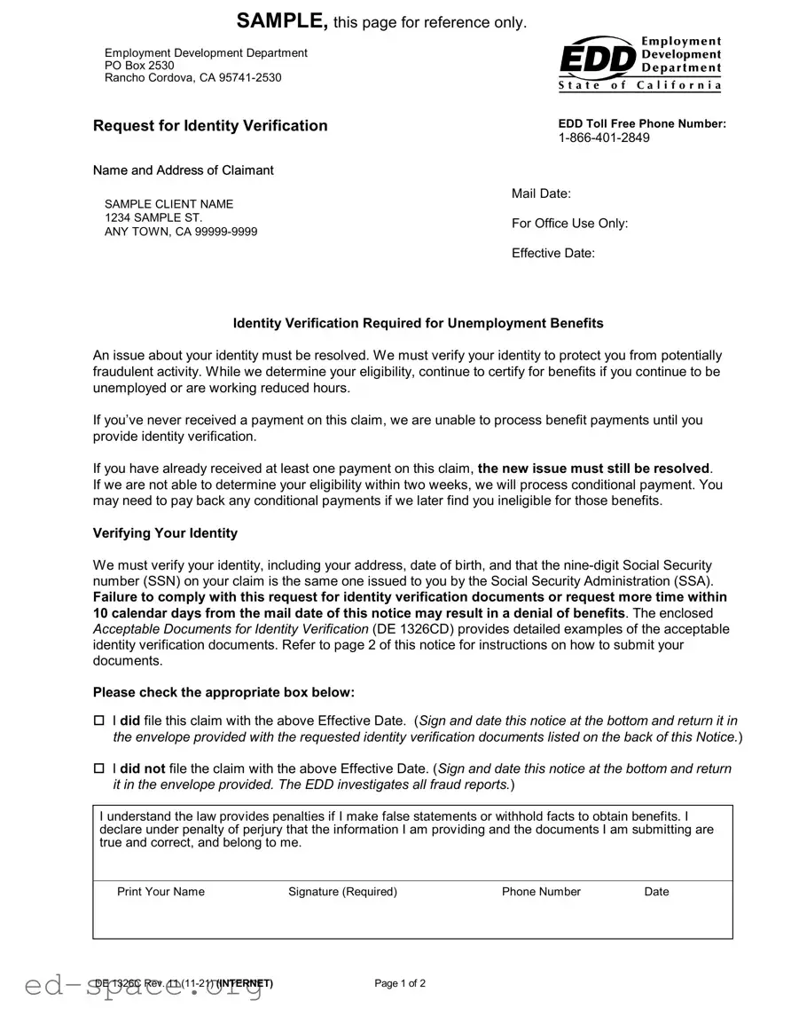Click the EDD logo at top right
tap(639, 63)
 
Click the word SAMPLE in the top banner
tap(282, 21)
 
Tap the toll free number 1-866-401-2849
tap(604, 138)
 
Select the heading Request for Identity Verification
tap(210, 126)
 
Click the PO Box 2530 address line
tap(139, 66)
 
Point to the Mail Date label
tap(541, 193)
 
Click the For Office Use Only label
tap(569, 224)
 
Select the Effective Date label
tap(552, 254)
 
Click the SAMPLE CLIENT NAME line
tap(168, 204)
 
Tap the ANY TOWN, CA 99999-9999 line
tap(181, 232)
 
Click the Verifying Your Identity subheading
tap(165, 533)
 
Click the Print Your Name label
tap(161, 892)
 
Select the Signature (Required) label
tap(342, 892)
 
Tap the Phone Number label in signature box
tap(541, 892)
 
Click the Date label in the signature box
tap(656, 892)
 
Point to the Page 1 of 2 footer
tap(400, 983)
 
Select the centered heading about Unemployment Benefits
tap(418, 323)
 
